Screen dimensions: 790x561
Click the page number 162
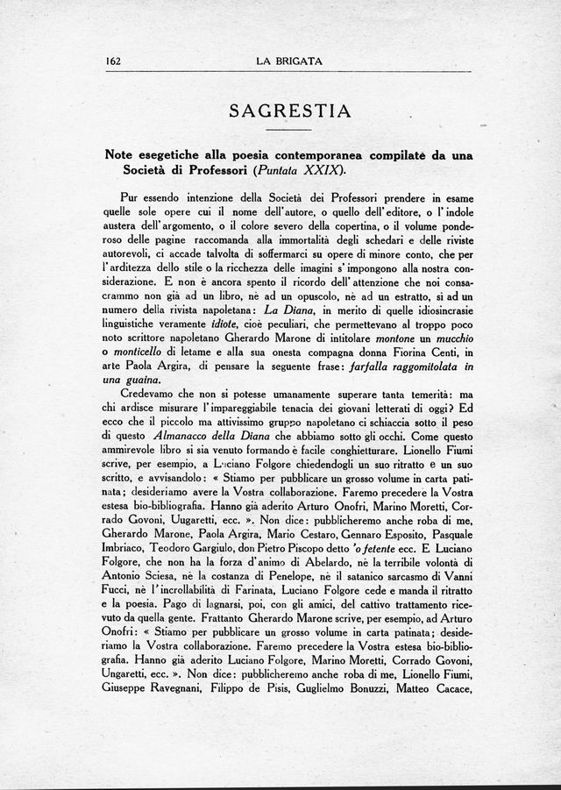point(112,61)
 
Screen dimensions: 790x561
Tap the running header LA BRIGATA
point(289,61)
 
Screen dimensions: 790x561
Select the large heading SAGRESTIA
point(289,111)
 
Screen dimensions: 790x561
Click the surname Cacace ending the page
point(449,688)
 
